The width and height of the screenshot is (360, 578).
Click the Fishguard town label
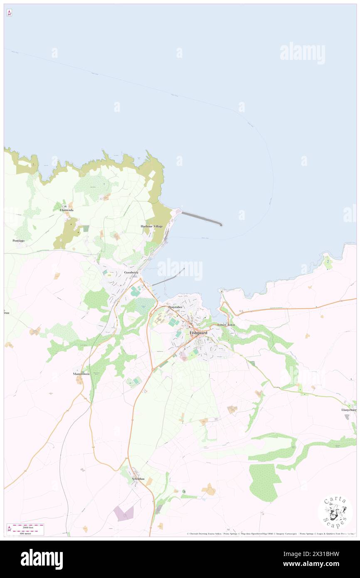coord(198,333)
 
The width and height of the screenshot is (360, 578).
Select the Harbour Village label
coord(151,226)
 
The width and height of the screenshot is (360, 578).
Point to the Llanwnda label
coord(66,210)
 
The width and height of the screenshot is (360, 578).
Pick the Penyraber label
coord(175,307)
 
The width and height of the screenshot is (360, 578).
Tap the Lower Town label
coord(226,324)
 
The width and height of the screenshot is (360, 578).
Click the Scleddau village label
coord(138,479)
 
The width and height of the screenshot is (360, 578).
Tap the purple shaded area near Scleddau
coord(123,514)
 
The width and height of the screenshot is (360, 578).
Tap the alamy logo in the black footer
coord(42,559)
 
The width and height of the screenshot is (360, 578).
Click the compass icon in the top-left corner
coord(9,13)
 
